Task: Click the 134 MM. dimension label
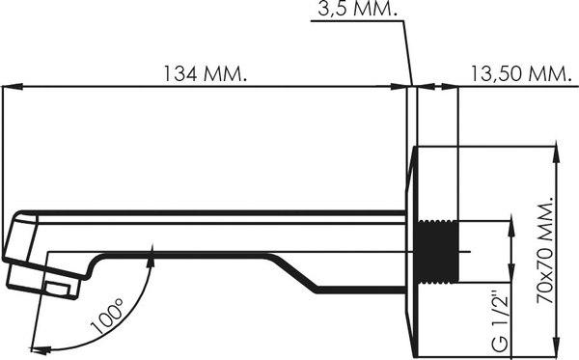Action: pyautogui.click(x=205, y=73)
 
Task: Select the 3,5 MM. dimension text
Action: pyautogui.click(x=357, y=10)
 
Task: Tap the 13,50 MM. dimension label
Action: pyautogui.click(x=520, y=73)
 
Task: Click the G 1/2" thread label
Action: pyautogui.click(x=501, y=318)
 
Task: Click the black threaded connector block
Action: pyautogui.click(x=438, y=253)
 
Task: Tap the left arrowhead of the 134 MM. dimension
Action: pyautogui.click(x=13, y=87)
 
